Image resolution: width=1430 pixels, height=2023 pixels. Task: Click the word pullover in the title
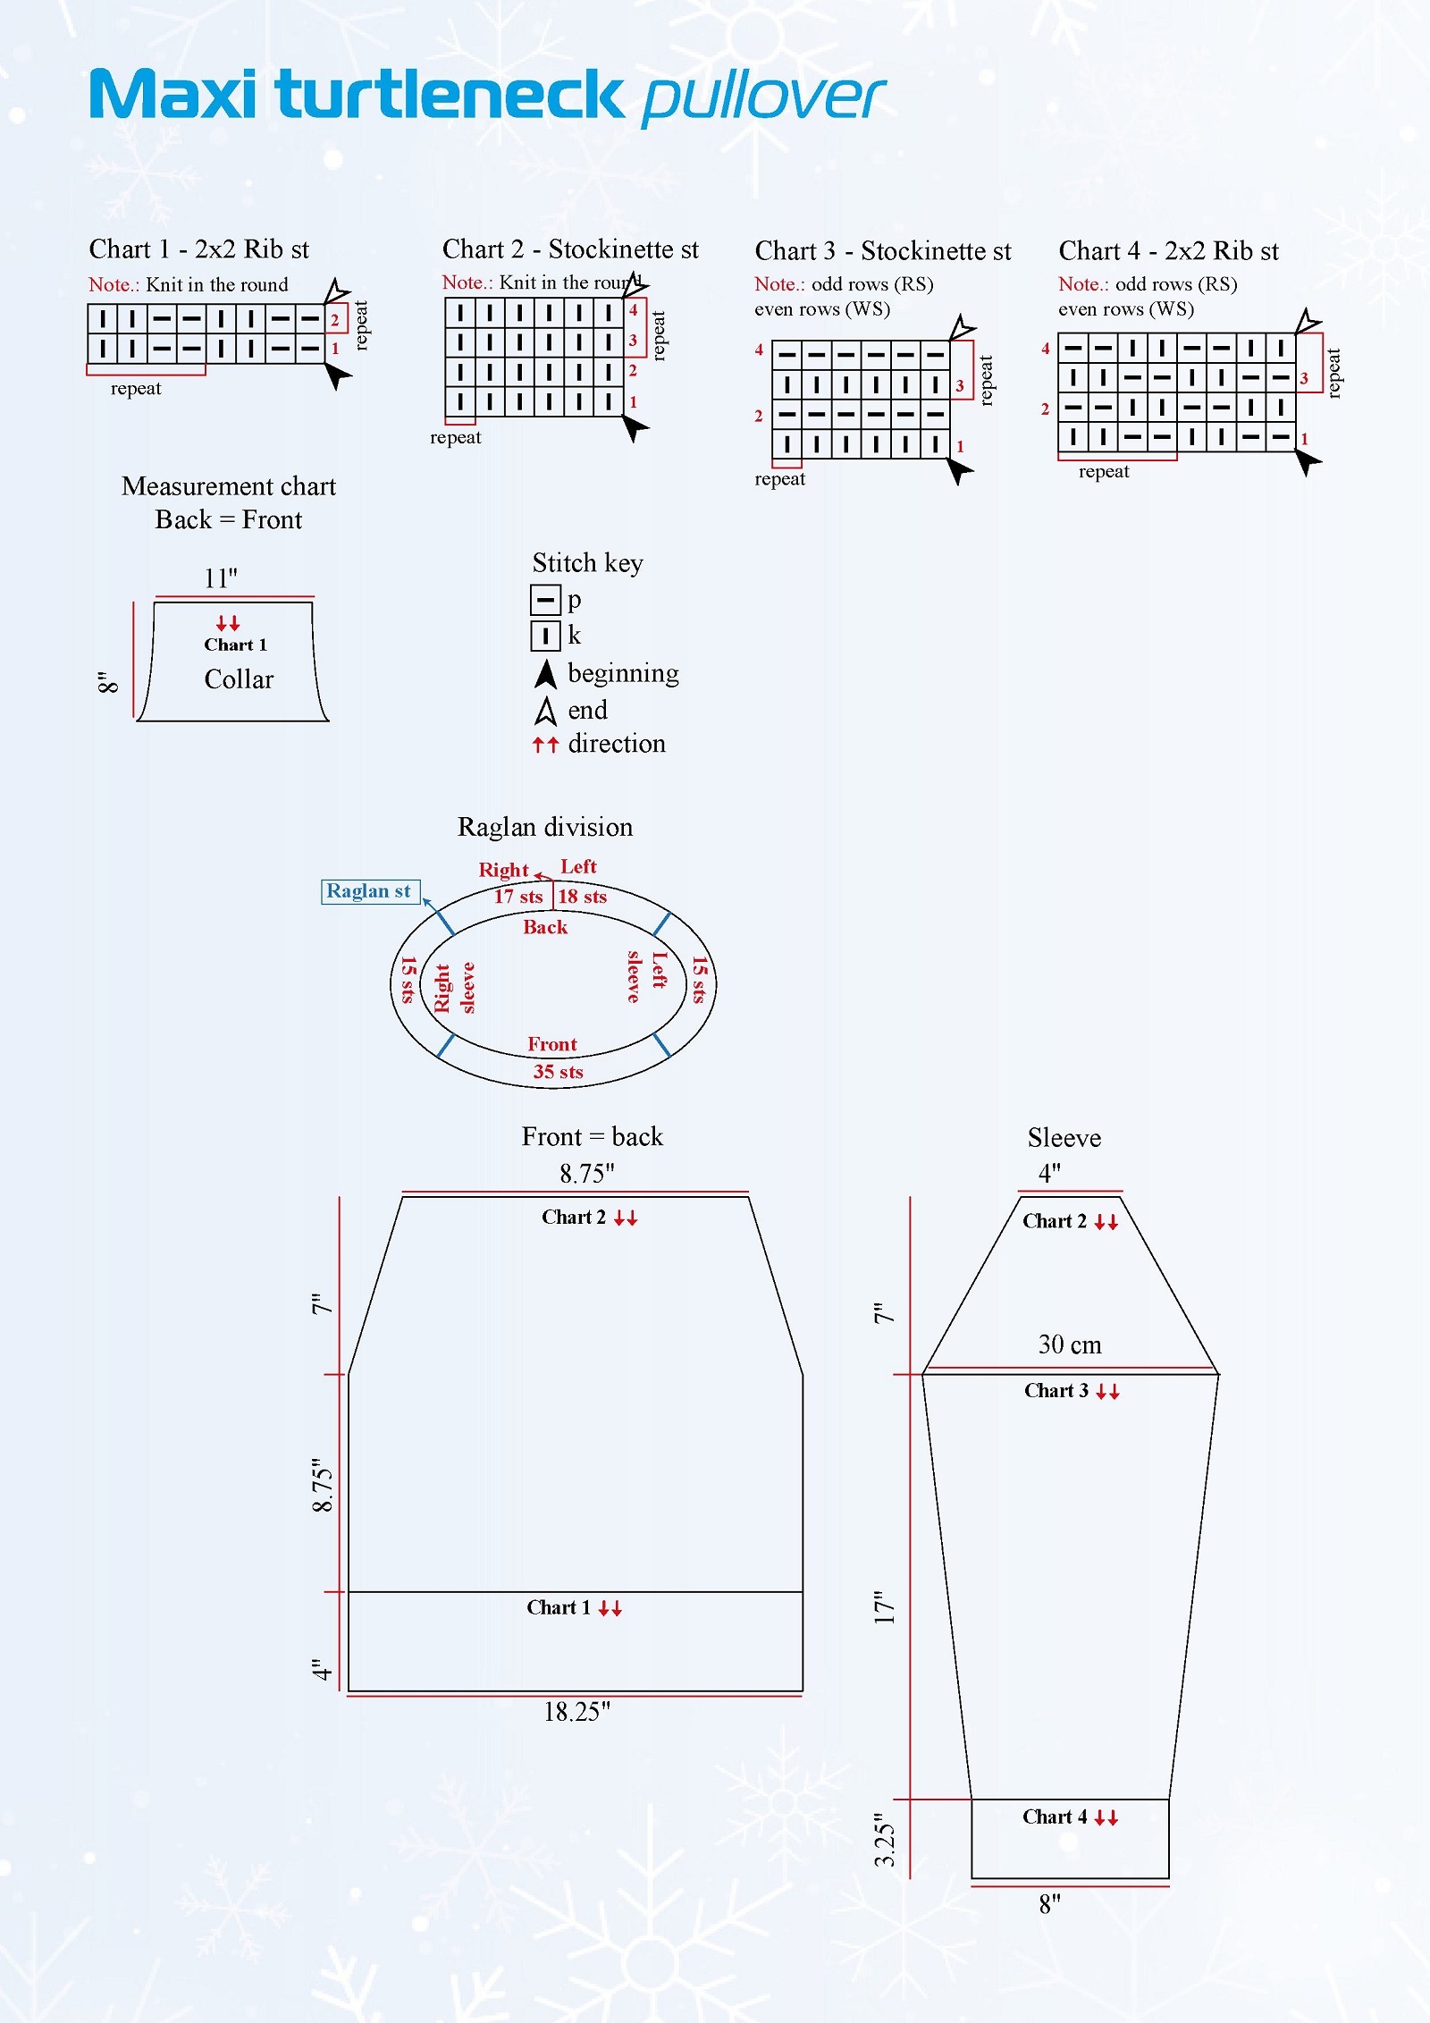762,97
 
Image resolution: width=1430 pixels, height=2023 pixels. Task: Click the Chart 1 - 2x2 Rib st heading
198,249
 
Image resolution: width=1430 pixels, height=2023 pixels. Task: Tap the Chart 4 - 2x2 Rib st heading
1168,250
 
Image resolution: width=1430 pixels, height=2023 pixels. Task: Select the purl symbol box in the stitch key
545,599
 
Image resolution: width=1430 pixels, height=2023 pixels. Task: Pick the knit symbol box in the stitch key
545,636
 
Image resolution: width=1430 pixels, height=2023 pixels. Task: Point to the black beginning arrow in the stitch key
545,674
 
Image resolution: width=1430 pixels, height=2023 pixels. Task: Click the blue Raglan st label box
369,891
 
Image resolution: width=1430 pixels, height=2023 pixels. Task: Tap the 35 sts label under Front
558,1072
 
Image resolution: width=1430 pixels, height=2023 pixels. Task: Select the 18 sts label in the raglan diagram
582,897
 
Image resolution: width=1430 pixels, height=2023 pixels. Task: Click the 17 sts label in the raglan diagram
518,897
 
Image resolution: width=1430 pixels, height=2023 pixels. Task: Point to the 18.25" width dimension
576,1712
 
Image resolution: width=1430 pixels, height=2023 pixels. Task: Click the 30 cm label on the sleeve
1070,1344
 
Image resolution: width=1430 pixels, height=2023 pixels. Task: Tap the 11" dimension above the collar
221,578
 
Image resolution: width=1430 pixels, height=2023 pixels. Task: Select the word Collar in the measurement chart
239,679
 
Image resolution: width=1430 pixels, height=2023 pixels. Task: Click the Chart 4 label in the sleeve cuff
1055,1816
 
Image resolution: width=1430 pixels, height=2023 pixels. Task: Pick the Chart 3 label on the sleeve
1056,1390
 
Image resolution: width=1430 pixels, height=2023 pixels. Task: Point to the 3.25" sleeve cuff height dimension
884,1840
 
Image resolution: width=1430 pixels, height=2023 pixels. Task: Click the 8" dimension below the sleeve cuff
1049,1904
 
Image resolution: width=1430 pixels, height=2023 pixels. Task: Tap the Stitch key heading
587,562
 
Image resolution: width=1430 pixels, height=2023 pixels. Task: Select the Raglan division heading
545,827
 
